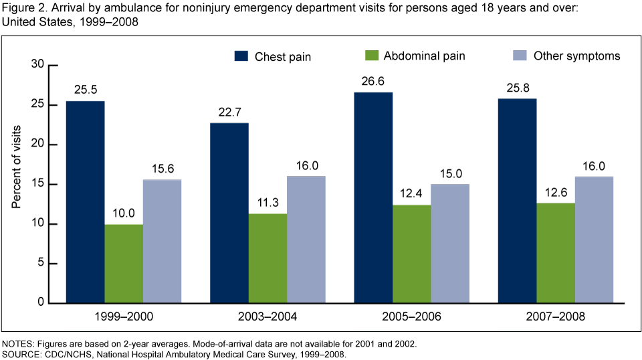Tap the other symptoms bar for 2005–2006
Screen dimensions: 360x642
[450, 244]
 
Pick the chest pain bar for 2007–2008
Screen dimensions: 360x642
[517, 201]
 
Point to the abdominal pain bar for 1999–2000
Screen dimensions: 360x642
[124, 264]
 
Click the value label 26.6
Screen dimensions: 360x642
[373, 82]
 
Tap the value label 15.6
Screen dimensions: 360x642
[163, 169]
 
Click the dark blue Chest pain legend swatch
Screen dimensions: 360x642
[241, 56]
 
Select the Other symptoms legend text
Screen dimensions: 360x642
[576, 56]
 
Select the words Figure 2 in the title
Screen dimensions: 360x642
[23, 8]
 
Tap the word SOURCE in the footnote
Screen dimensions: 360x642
[21, 353]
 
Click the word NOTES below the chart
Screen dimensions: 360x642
[18, 343]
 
